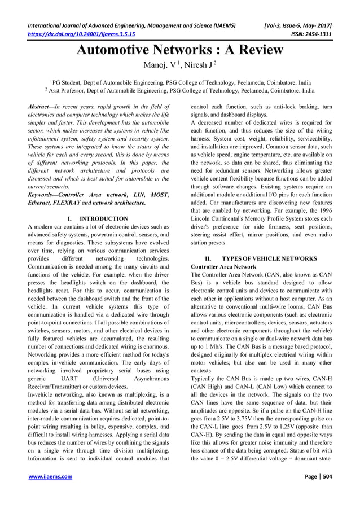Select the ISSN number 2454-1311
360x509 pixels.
315,33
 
